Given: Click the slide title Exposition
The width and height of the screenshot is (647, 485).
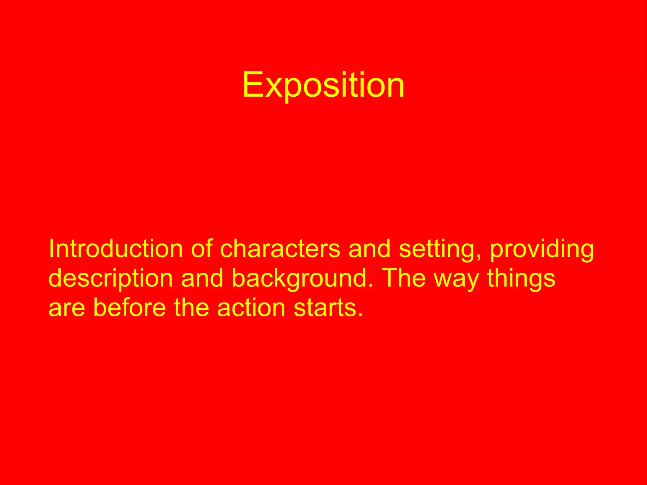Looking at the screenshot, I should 323,85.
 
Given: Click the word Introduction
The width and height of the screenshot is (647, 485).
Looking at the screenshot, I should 116,249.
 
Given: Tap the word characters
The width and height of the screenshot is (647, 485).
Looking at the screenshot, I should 280,249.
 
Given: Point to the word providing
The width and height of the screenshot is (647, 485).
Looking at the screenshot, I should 542,249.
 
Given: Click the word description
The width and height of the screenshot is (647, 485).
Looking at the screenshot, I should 111,278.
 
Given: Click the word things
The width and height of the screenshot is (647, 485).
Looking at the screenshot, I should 521,278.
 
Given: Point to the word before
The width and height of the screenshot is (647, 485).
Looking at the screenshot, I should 130,308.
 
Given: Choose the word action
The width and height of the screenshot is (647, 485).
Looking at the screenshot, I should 251,308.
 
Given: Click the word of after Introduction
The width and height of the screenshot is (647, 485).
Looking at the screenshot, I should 202,249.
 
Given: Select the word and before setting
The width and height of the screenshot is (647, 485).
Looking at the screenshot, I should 369,249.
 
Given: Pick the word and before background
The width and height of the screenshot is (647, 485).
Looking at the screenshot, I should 202,278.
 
